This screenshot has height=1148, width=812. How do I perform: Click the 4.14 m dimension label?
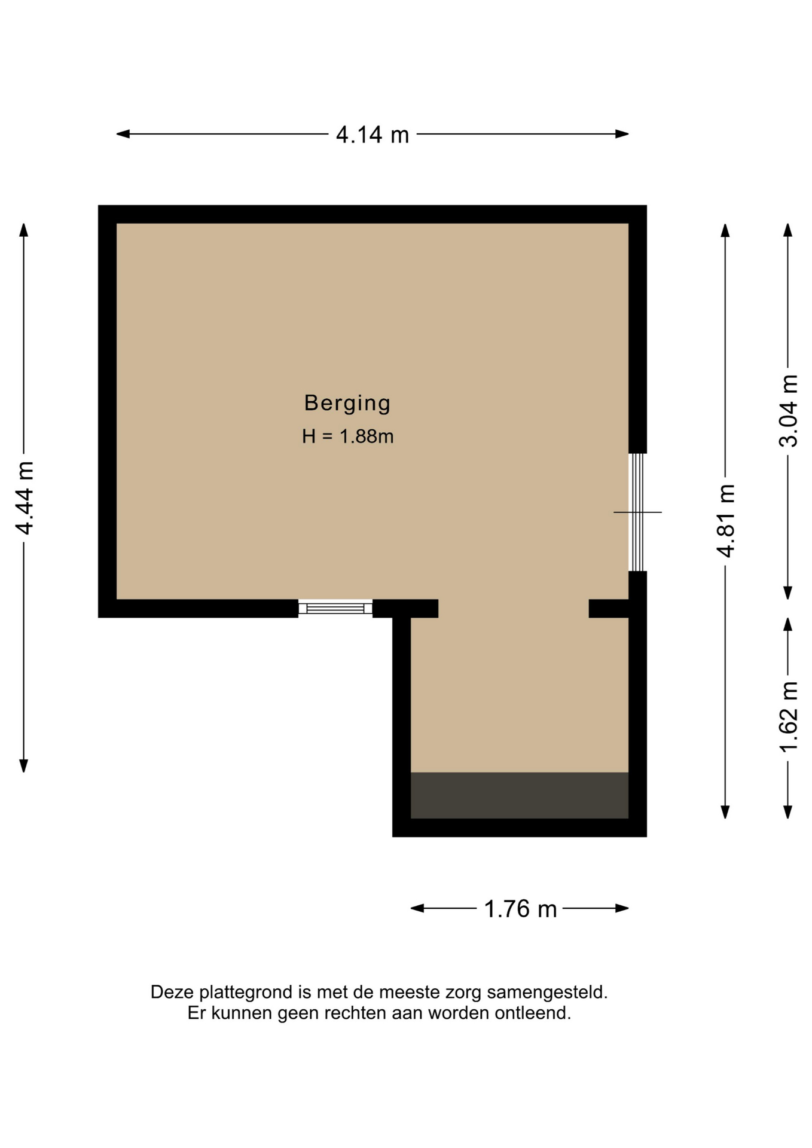point(372,135)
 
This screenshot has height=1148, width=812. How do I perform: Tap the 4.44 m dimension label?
point(25,497)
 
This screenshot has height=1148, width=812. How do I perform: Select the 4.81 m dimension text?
point(725,520)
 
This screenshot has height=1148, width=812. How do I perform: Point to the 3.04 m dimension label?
point(788,411)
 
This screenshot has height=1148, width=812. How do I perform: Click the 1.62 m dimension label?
point(788,717)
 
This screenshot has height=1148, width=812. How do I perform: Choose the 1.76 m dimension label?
point(520,909)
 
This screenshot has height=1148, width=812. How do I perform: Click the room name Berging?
point(347,404)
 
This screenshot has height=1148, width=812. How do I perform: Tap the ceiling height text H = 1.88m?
point(347,436)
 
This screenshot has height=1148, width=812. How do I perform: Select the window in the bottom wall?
point(335,608)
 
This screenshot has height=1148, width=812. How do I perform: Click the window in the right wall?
point(637,512)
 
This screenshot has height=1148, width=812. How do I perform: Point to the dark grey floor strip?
point(520,795)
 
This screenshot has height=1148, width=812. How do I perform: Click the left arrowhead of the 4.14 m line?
point(123,134)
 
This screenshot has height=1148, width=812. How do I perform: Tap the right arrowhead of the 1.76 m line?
point(622,908)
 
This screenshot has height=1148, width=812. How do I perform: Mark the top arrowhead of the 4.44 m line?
point(24,230)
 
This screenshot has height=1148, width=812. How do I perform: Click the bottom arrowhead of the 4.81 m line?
point(725,812)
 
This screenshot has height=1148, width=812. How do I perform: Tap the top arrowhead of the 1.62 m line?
point(788,624)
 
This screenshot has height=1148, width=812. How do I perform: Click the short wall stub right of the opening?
point(609,609)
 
